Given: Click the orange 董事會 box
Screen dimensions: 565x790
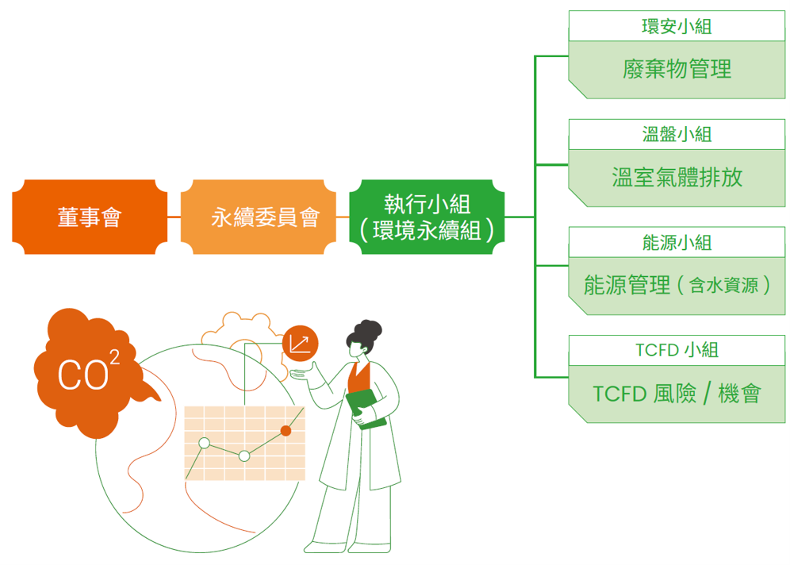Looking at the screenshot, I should pos(90,217).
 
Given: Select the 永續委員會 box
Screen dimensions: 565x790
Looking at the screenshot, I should pos(264,217).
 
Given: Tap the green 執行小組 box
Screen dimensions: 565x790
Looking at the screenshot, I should pos(427,217).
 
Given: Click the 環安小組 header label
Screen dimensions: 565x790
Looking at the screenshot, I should pos(676,26).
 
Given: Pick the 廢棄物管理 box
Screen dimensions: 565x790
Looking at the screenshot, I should pos(676,70).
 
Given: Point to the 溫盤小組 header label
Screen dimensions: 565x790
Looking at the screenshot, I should pos(676,134).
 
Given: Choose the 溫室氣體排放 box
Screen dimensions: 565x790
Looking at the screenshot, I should pos(676,177).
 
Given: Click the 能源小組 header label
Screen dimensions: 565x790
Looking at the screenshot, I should pos(676,242).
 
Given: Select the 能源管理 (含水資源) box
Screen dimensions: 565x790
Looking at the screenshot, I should pos(676,286).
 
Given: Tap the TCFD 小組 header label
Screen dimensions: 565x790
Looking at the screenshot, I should pos(676,350).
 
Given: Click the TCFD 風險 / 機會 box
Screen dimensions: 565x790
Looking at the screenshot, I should pos(676,394).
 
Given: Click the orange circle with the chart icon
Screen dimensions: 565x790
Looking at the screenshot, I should pos(300,343).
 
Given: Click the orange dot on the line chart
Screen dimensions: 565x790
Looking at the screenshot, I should pos(286,430).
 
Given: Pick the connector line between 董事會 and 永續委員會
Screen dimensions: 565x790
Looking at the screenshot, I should pos(174,217).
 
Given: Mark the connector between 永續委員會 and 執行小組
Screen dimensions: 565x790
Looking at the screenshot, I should pos(337,217).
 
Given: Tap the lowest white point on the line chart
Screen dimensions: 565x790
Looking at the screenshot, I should pos(244,455).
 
